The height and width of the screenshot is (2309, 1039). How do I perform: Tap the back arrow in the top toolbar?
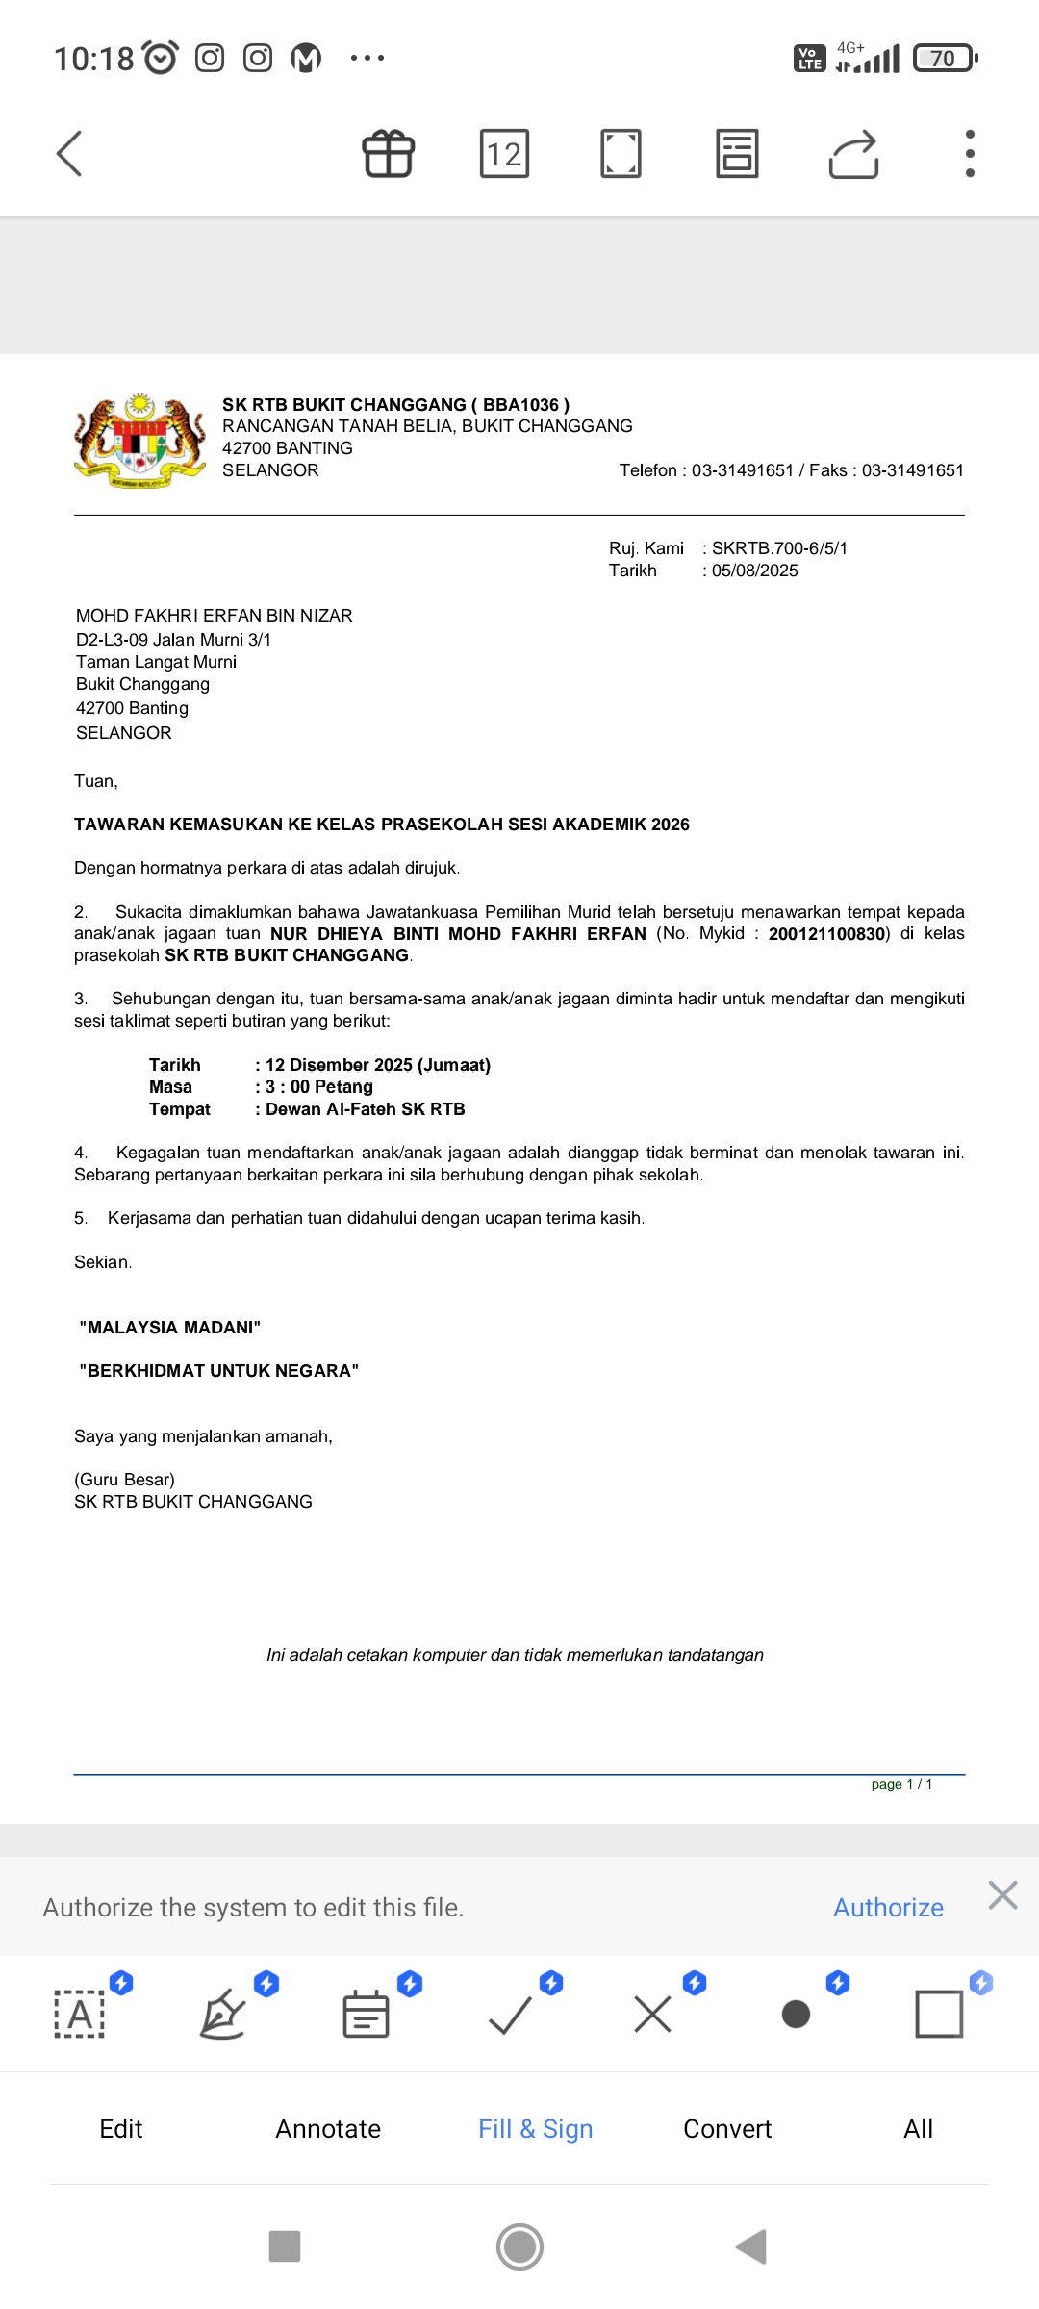coord(69,154)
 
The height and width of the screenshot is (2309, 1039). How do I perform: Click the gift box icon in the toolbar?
coord(389,154)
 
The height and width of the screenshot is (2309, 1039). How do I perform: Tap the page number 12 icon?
coord(504,154)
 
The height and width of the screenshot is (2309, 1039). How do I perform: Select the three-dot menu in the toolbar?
coord(970,154)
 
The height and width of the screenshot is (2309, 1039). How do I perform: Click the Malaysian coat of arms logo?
coord(140,441)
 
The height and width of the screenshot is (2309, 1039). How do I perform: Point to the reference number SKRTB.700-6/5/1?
coord(779,548)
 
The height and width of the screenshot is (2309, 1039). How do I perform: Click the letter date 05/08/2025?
coord(755,571)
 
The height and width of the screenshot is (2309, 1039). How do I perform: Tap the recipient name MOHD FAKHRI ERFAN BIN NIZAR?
coord(215,616)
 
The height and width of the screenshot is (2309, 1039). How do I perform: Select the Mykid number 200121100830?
coord(826,934)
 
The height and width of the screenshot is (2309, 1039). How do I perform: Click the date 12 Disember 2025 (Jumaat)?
coord(378,1065)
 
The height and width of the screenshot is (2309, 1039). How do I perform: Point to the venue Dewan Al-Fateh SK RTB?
coord(366,1109)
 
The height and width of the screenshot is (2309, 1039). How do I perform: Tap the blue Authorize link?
coord(888,1907)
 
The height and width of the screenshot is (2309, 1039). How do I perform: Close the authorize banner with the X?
coord(1002,1895)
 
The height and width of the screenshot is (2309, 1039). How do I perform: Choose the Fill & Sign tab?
coord(535,2129)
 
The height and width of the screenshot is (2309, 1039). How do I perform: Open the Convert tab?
coord(727,2129)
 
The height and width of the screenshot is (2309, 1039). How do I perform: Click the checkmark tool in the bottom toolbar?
coord(510,2014)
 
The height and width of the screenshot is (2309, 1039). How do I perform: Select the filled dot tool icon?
coord(796,2014)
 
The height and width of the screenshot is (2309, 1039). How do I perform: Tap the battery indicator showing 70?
coord(945,59)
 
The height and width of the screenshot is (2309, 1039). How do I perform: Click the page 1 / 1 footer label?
coord(901,1784)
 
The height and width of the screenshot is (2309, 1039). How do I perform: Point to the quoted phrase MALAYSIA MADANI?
coord(170,1328)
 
